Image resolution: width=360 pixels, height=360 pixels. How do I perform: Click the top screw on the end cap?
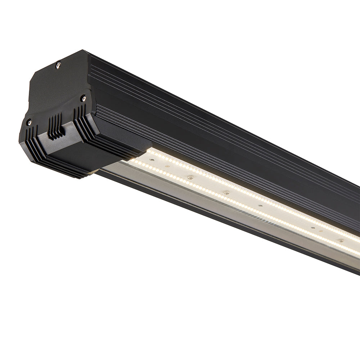(x=58, y=65)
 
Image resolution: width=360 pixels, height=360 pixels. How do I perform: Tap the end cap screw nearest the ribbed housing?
(x=84, y=98)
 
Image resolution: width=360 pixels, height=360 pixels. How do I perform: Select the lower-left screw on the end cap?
(x=29, y=122)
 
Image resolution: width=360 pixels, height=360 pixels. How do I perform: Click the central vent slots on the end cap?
(x=56, y=126)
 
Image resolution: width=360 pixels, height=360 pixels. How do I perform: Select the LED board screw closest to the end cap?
(x=167, y=166)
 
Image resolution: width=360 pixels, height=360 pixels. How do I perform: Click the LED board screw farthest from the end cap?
(x=340, y=240)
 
